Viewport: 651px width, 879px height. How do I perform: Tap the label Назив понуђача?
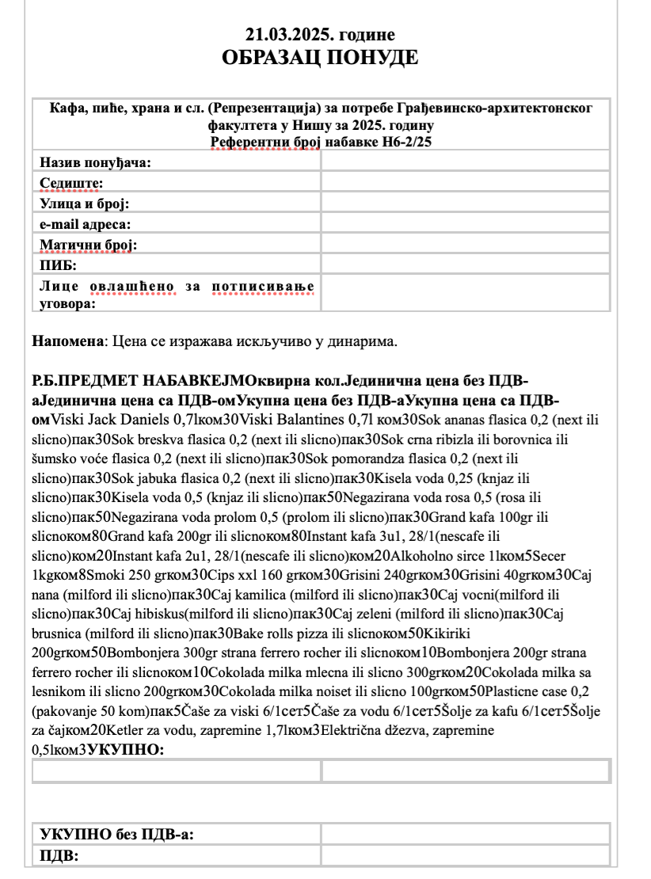point(96,162)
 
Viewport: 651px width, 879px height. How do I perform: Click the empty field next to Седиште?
point(465,183)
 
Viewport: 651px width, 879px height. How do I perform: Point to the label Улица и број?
point(84,204)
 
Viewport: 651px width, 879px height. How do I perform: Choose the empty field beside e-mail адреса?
point(465,224)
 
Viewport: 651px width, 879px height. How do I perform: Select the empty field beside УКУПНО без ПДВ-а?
point(465,834)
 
